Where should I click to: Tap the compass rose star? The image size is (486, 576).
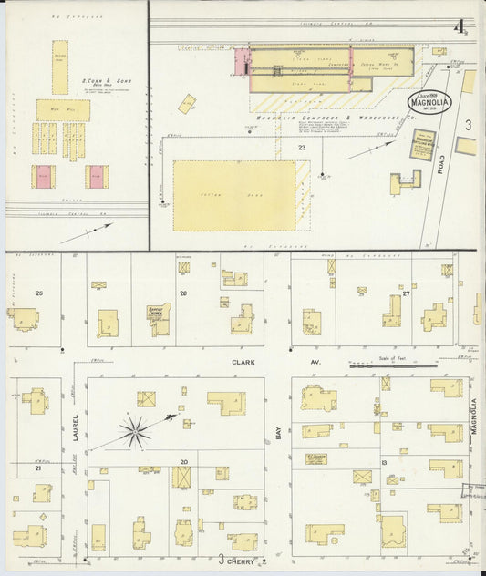click(135, 431)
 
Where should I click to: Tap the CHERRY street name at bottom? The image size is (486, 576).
click(243, 561)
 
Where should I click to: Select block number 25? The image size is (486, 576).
click(38, 293)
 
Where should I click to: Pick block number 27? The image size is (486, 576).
click(407, 293)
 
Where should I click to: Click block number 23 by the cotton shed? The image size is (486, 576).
click(301, 147)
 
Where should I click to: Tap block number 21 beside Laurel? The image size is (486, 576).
click(38, 468)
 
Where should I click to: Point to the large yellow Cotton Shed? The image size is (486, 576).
click(234, 195)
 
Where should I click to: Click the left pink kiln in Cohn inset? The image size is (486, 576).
click(44, 176)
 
